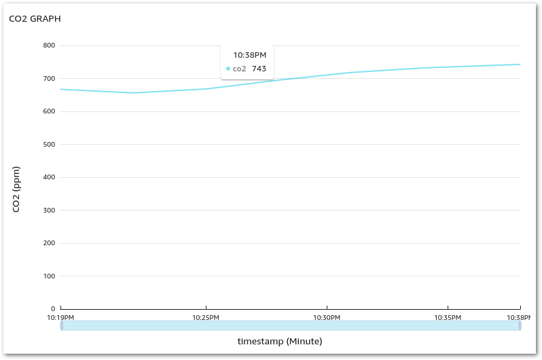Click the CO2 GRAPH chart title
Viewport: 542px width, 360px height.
pyautogui.click(x=35, y=19)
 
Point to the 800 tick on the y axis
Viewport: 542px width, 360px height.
pyautogui.click(x=49, y=46)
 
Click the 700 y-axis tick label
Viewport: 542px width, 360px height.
pyautogui.click(x=49, y=79)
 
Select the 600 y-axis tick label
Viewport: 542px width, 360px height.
pyautogui.click(x=49, y=111)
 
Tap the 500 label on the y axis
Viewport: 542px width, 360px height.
pyautogui.click(x=49, y=145)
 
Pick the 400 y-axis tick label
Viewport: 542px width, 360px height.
pyautogui.click(x=49, y=177)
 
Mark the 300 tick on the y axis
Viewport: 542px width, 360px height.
pyautogui.click(x=49, y=211)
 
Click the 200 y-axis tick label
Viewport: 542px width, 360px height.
pyautogui.click(x=49, y=243)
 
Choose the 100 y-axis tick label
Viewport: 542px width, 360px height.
pyautogui.click(x=49, y=276)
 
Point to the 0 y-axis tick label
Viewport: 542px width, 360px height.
pyautogui.click(x=52, y=309)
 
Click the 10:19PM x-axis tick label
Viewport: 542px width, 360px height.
pyautogui.click(x=60, y=318)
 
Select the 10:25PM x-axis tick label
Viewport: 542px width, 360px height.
pyautogui.click(x=206, y=318)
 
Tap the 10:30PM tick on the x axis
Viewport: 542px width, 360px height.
pyautogui.click(x=327, y=318)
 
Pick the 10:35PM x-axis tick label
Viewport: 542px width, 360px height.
pyautogui.click(x=448, y=318)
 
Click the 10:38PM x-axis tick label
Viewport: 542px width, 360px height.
pyautogui.click(x=519, y=318)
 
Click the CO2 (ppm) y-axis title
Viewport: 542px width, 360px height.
pyautogui.click(x=16, y=189)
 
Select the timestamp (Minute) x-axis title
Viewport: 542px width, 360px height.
pyautogui.click(x=280, y=341)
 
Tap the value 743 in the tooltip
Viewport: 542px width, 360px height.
pyautogui.click(x=259, y=69)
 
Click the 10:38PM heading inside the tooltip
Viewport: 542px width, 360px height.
pyautogui.click(x=250, y=55)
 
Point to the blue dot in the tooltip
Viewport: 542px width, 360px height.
pyautogui.click(x=228, y=69)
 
